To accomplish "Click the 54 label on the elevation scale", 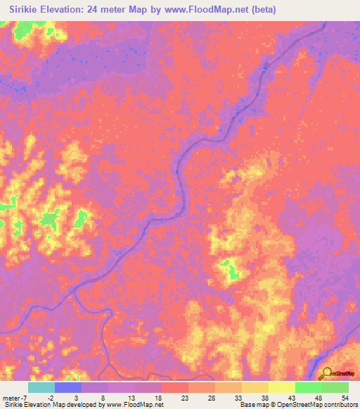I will [x=345, y=397].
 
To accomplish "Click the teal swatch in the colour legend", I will [x=41, y=387].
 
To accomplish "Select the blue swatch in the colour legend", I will [x=68, y=387].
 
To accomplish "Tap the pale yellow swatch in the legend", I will [x=281, y=387].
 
